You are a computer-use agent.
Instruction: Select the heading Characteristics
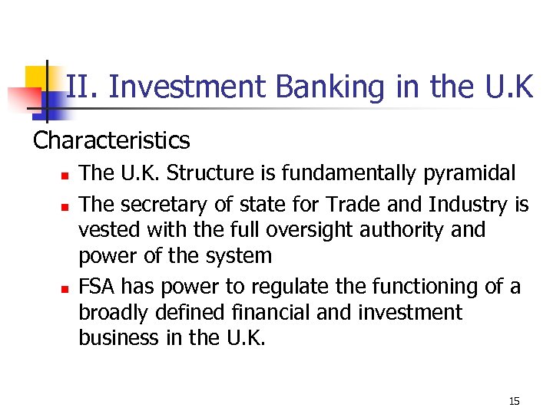tap(111, 140)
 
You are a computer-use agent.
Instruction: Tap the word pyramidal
tap(469, 174)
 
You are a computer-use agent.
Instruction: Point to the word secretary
tap(161, 205)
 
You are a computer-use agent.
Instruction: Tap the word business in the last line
tap(117, 338)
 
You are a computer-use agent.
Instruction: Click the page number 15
tap(514, 401)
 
